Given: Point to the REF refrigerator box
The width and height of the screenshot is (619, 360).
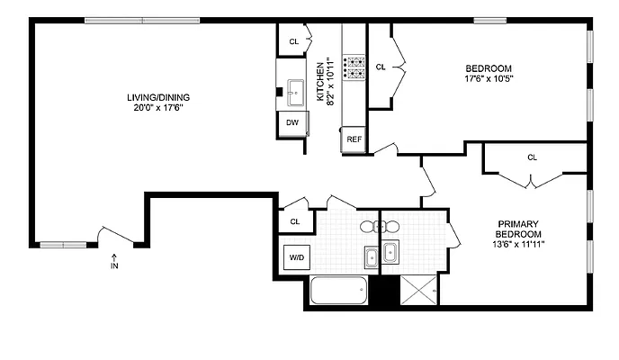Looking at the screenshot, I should click(x=354, y=139).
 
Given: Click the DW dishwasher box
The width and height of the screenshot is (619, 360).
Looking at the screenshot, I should click(x=292, y=122).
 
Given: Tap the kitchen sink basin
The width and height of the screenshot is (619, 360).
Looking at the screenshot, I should click(x=296, y=89).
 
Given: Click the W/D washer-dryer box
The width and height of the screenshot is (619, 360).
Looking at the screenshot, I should click(x=296, y=257).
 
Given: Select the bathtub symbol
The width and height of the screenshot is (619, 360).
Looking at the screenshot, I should click(x=338, y=292).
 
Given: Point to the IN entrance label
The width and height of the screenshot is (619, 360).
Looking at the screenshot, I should click(x=114, y=266).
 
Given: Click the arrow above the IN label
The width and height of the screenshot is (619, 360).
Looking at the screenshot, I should click(x=114, y=256).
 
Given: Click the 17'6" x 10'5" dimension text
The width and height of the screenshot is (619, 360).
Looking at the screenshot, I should click(x=489, y=79).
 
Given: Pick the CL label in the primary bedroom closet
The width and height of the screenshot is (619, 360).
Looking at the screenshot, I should click(x=532, y=157).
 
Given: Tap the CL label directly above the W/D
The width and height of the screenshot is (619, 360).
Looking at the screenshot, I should click(x=294, y=221).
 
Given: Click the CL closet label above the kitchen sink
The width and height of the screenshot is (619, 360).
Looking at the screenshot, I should click(x=293, y=41).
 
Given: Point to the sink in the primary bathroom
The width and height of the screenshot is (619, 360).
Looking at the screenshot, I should click(x=390, y=252).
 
